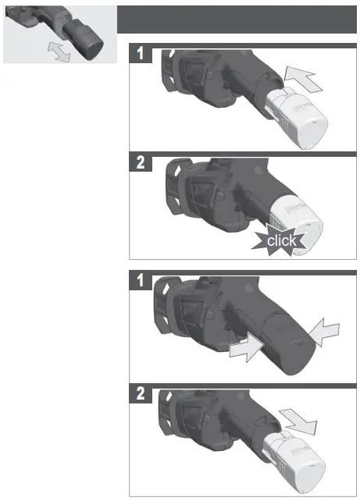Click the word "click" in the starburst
(282, 240)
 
